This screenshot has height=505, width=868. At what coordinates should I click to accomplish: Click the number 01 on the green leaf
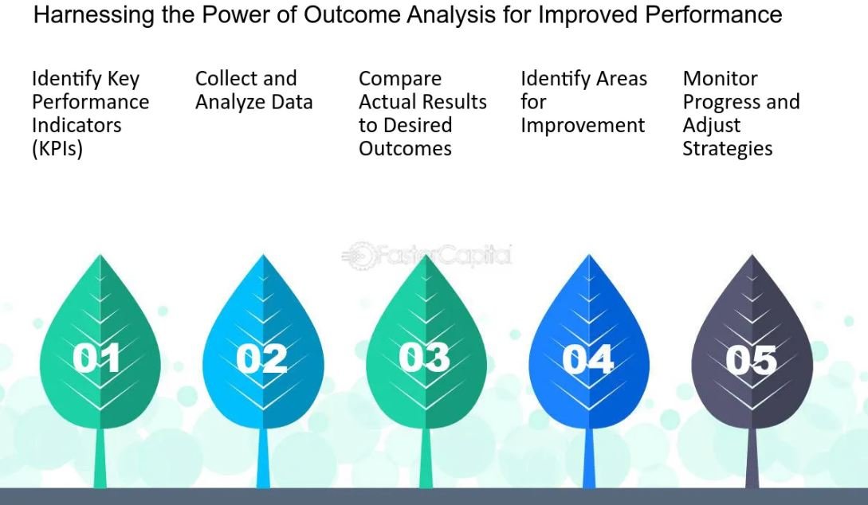(x=96, y=358)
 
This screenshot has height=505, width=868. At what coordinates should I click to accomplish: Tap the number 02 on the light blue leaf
(x=261, y=358)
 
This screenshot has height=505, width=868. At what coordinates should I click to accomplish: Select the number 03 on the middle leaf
(x=424, y=358)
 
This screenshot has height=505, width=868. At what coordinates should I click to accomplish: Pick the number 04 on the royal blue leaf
(x=587, y=359)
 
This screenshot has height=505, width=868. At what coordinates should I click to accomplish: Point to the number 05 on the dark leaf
(x=751, y=360)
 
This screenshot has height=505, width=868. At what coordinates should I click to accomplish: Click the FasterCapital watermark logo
(x=426, y=256)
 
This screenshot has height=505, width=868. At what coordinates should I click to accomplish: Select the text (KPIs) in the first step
(x=57, y=149)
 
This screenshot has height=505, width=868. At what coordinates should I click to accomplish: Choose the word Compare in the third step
(x=399, y=79)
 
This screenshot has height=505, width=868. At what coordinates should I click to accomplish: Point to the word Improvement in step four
(x=583, y=126)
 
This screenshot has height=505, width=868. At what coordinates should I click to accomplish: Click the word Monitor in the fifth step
(x=720, y=79)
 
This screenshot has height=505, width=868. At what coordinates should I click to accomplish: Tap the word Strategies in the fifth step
(x=727, y=149)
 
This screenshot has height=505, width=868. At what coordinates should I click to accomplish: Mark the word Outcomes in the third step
(x=405, y=148)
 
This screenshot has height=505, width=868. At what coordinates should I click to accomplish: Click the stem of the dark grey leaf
(x=752, y=458)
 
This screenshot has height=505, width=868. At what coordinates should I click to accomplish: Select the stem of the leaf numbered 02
(x=263, y=458)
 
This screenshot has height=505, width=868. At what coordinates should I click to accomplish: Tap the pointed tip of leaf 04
(x=589, y=255)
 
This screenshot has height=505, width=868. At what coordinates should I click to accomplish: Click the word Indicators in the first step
(x=77, y=126)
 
